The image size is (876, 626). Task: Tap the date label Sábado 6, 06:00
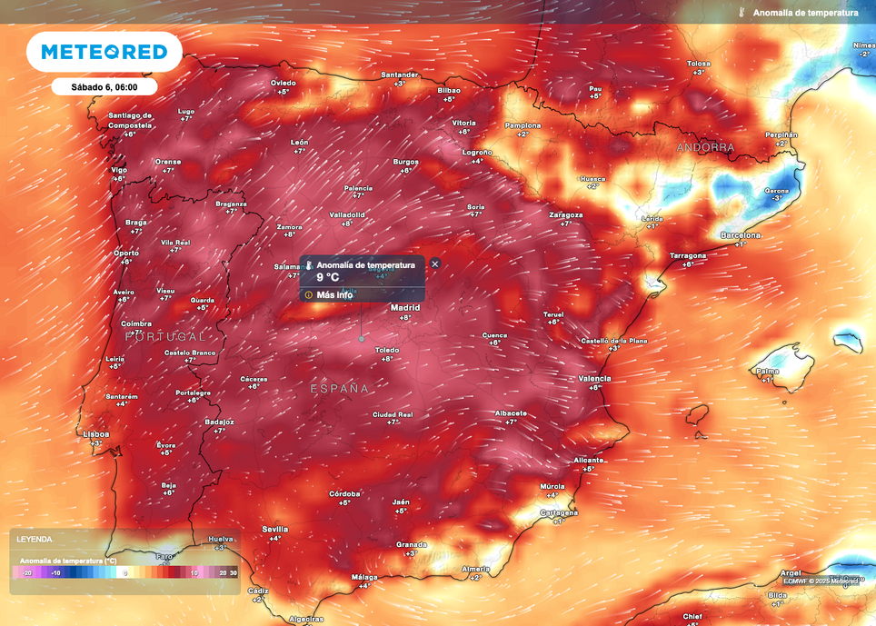(x=105, y=87)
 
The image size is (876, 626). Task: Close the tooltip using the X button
(x=435, y=263)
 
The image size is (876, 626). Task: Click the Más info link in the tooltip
(x=333, y=294)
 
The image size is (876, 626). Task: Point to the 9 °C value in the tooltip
(x=327, y=278)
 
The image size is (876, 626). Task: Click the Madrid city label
(x=405, y=308)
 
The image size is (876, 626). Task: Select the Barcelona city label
(x=741, y=234)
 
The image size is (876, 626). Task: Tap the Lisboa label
(x=95, y=434)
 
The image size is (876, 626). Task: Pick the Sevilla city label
(x=274, y=529)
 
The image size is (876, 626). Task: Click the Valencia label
(x=594, y=378)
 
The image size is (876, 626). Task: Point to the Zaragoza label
(x=565, y=215)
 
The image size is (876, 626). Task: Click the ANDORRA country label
(x=705, y=146)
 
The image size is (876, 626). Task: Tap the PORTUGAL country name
(x=166, y=336)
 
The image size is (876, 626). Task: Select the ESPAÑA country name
(x=340, y=388)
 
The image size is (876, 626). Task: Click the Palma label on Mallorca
(x=767, y=371)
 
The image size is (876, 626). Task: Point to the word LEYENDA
(x=35, y=539)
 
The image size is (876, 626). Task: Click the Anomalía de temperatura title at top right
(x=805, y=13)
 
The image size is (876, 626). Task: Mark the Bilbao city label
(x=449, y=91)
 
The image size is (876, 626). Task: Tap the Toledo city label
(x=387, y=349)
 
